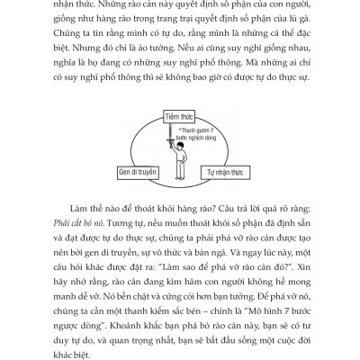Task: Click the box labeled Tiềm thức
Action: coord(180,117)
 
